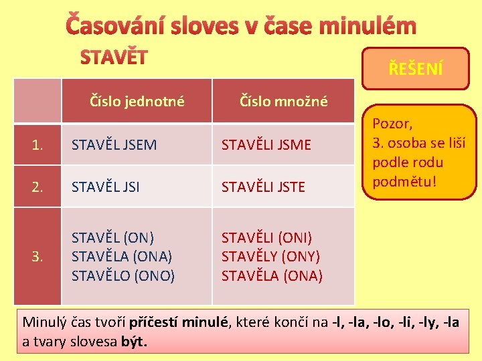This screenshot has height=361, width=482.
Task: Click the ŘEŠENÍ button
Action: click(416, 68)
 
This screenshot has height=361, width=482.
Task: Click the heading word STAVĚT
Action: click(114, 58)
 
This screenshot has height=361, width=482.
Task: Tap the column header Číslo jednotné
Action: click(137, 102)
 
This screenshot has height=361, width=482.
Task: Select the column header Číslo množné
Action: click(284, 102)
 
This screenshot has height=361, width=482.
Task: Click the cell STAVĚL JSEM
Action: click(114, 144)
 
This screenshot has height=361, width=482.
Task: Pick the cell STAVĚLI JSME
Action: click(266, 144)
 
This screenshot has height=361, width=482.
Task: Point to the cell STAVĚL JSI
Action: click(106, 187)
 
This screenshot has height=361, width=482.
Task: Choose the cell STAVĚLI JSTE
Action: click(263, 187)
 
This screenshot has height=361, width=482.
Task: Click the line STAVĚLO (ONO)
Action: click(123, 275)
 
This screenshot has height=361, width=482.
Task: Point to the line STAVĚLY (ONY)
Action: click(270, 257)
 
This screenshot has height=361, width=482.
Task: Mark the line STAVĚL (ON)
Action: click(112, 238)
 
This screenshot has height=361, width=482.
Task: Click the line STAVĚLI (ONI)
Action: click(266, 238)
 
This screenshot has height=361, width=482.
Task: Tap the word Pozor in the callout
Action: click(392, 124)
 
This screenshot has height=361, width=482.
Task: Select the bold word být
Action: click(133, 342)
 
